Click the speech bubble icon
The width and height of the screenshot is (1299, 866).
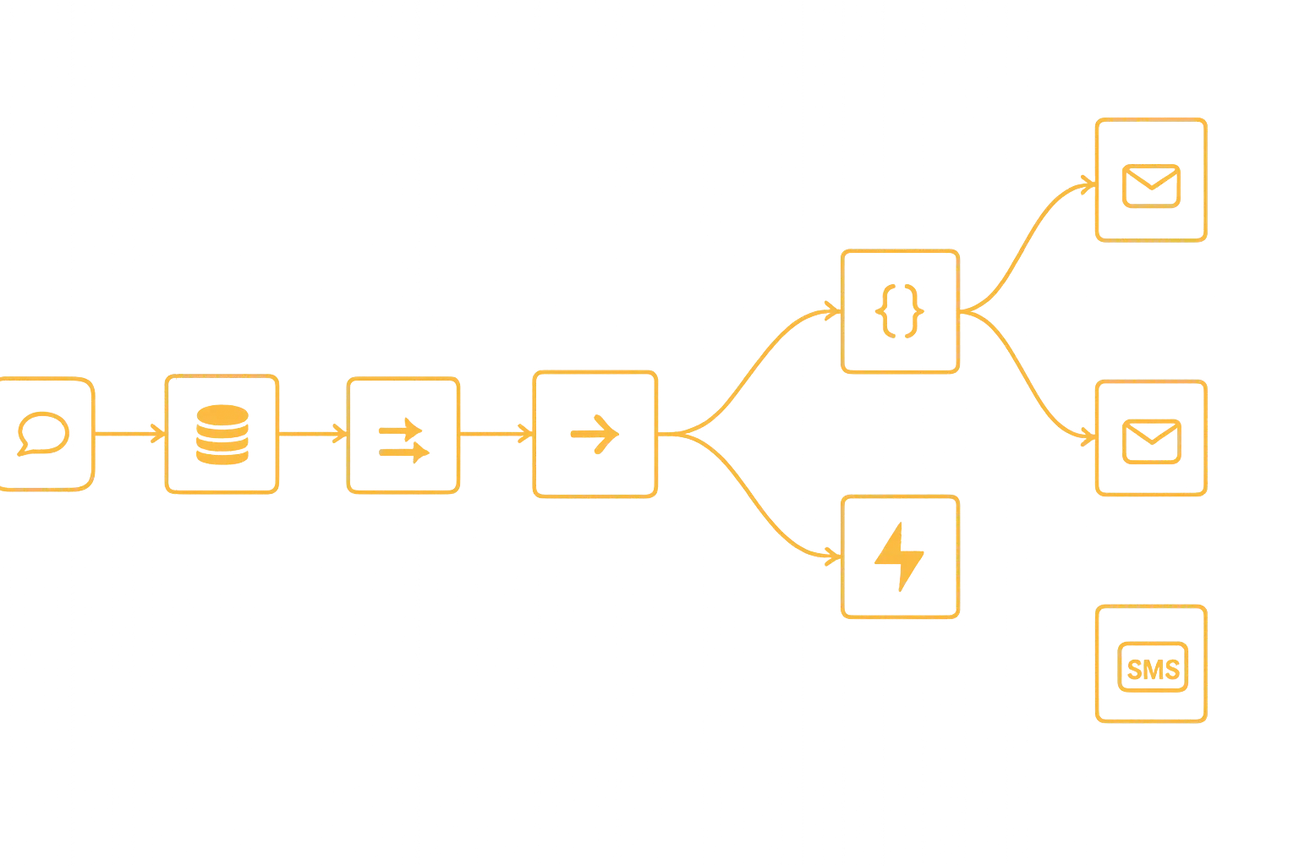42,434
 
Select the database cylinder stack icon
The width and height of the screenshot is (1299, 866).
222,435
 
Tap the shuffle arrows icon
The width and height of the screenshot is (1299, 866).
403,435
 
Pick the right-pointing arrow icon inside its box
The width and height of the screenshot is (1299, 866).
595,434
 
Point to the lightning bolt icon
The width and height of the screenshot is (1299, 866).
900,556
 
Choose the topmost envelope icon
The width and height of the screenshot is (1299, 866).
1151,185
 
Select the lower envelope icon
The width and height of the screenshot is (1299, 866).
1151,440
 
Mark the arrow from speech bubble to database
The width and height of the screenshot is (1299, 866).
129,434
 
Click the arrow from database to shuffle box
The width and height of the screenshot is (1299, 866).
313,434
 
